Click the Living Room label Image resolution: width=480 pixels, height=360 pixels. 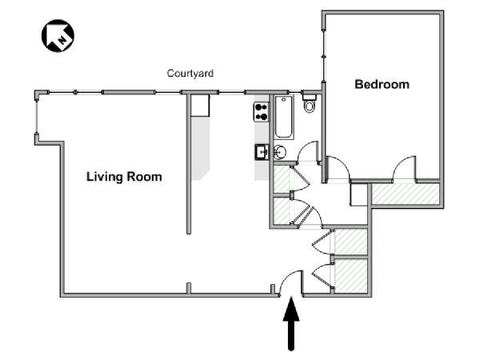click(124, 177)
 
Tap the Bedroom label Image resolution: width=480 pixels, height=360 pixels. click(382, 84)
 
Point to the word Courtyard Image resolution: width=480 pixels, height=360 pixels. click(190, 74)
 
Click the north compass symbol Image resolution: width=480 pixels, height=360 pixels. click(58, 36)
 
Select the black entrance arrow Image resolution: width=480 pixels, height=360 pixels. click(291, 323)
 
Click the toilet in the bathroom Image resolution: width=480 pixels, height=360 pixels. click(309, 103)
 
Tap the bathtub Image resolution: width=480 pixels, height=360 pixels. click(283, 118)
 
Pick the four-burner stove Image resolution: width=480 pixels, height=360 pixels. click(261, 112)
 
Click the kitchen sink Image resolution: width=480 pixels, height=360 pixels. click(262, 152)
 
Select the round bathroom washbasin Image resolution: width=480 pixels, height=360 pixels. click(279, 151)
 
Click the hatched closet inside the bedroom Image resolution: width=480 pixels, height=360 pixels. click(405, 194)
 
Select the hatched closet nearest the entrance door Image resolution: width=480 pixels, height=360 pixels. click(351, 276)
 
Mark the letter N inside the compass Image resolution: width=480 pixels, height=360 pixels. click(62, 39)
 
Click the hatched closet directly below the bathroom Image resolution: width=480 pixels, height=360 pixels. click(282, 179)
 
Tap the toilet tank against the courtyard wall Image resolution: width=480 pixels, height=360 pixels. click(309, 98)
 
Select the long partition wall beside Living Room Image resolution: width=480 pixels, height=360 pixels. click(189, 164)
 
